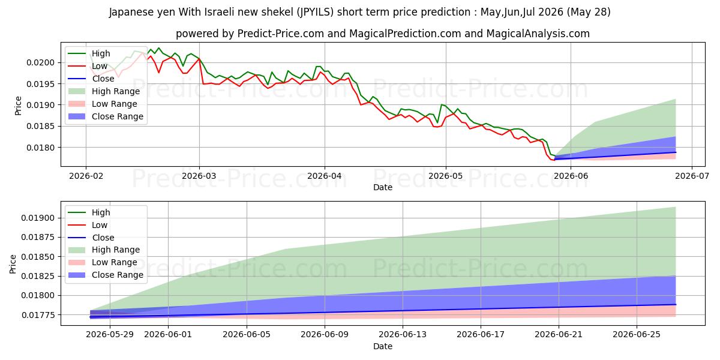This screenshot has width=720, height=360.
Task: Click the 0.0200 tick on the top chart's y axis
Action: pos(41,62)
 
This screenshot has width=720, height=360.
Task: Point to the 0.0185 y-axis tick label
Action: pos(41,127)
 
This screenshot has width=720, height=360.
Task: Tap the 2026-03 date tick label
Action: pos(199,176)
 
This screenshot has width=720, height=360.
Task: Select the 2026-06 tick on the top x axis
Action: pos(571,176)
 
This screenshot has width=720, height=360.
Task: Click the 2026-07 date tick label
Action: pos(692,176)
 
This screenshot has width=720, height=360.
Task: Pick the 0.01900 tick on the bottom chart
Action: pos(38,218)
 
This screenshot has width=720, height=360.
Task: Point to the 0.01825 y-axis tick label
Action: pos(38,276)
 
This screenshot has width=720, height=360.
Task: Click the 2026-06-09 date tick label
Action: pos(325,335)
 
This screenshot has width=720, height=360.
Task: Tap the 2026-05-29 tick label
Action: pos(110,335)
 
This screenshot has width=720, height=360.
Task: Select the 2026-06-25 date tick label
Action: pos(637,335)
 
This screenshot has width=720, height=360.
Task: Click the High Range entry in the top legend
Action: pos(116,91)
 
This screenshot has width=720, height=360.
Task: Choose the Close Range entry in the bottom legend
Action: pos(118,275)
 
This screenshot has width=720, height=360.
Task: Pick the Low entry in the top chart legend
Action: pos(100,66)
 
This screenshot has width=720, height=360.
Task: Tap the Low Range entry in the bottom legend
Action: pos(115,262)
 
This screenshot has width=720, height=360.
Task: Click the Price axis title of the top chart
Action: pos(18,106)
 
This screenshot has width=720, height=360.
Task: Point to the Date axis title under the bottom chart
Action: pos(383,346)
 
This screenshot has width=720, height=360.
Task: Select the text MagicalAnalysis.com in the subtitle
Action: pos(538,34)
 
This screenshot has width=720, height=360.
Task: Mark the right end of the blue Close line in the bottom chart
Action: pos(676,304)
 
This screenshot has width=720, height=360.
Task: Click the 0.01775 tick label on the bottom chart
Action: pos(38,315)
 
